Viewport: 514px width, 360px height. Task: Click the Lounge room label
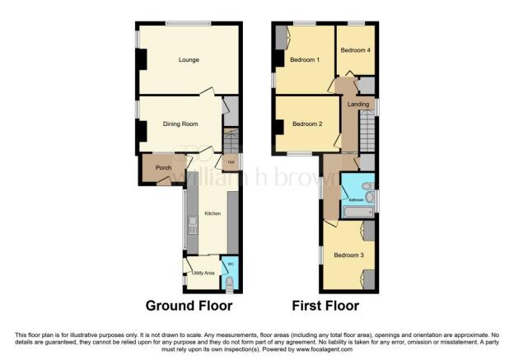pyautogui.click(x=189, y=60)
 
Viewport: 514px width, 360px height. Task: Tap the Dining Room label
pyautogui.click(x=180, y=124)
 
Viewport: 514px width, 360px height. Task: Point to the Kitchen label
pyautogui.click(x=212, y=213)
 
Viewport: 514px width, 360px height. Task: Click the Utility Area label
pyautogui.click(x=203, y=273)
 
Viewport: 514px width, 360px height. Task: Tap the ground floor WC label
pyautogui.click(x=231, y=264)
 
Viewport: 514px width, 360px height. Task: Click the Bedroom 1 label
pyautogui.click(x=306, y=60)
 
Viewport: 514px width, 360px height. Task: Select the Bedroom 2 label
pyautogui.click(x=306, y=124)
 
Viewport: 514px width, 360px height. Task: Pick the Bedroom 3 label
pyautogui.click(x=347, y=255)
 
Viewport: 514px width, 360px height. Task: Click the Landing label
pyautogui.click(x=357, y=105)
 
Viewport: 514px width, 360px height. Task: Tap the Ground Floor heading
pyautogui.click(x=189, y=306)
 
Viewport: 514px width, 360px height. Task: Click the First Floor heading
pyautogui.click(x=325, y=306)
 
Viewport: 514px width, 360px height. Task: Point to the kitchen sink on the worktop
pyautogui.click(x=190, y=221)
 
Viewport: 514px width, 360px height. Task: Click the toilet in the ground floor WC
pyautogui.click(x=231, y=285)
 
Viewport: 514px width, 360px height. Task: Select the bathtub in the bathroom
pyautogui.click(x=357, y=213)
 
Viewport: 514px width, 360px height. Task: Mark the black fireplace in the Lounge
pyautogui.click(x=142, y=60)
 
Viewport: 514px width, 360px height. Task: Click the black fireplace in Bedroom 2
pyautogui.click(x=278, y=125)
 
